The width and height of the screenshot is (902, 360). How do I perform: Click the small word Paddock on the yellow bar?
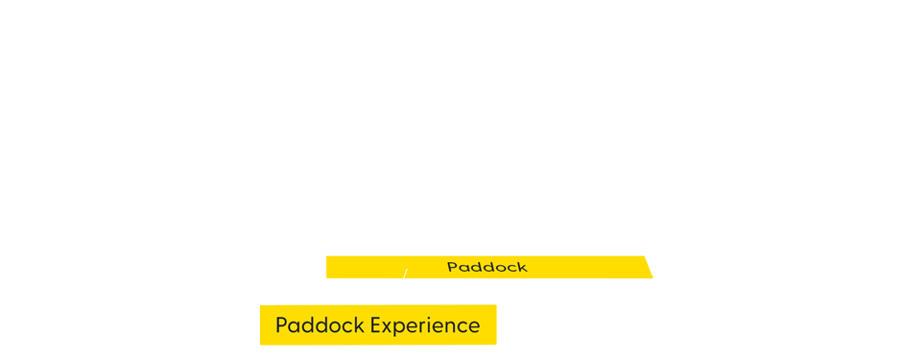tap(487, 267)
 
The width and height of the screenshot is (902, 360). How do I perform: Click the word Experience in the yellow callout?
tap(425, 325)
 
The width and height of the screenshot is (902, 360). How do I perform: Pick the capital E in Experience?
tap(376, 325)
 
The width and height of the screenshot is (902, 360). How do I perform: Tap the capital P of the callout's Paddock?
tap(281, 325)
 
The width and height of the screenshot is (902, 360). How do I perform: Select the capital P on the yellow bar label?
tap(452, 267)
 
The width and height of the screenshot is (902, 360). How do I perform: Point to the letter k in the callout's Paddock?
tap(359, 325)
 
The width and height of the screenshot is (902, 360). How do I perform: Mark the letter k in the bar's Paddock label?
tap(523, 267)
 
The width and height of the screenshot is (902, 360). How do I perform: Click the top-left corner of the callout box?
tap(260, 305)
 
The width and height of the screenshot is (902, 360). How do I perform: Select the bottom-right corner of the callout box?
tap(495, 344)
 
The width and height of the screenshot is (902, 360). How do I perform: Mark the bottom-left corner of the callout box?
tap(260, 344)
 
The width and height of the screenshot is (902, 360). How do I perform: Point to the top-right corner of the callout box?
tap(495, 305)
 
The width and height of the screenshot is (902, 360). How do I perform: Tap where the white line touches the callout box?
tap(393, 305)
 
